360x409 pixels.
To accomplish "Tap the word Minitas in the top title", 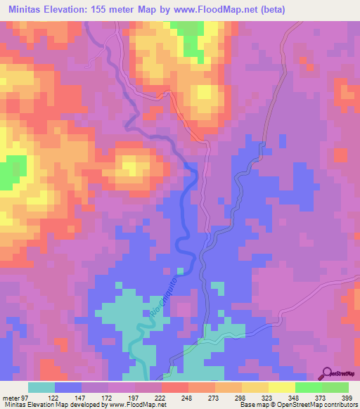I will point(27,9).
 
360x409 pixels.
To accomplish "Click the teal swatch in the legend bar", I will point(41,387).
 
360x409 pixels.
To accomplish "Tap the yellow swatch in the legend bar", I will point(281,387).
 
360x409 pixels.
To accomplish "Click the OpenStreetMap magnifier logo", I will point(328,373).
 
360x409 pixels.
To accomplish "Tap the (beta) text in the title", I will point(296,9).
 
